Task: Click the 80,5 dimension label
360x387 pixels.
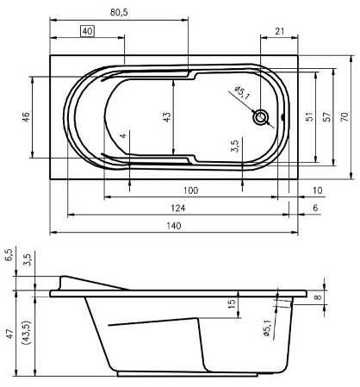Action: pos(119,13)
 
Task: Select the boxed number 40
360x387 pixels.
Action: pos(88,31)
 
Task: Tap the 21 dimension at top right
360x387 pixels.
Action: pos(280,31)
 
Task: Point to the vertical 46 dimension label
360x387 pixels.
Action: pos(26,117)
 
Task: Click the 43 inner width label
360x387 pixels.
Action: pos(167,117)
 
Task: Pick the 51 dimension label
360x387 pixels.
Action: pos(309,117)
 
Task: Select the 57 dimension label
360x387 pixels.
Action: pos(326,117)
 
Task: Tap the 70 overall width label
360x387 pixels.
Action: pos(344,116)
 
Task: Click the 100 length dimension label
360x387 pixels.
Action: pos(190,190)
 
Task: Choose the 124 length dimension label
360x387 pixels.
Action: pos(178,209)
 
